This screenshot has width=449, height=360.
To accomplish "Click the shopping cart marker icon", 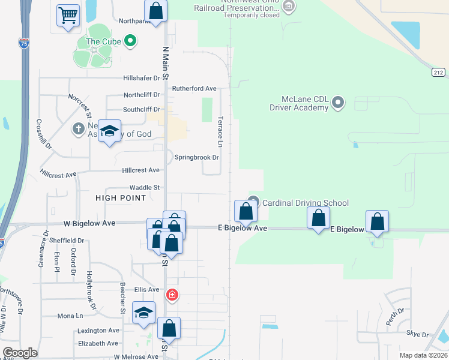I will [x=68, y=15].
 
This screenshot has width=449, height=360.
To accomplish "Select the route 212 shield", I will [x=438, y=72].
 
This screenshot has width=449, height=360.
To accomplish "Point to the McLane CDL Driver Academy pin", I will [x=338, y=103].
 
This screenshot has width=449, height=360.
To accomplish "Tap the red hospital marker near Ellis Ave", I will [x=172, y=295].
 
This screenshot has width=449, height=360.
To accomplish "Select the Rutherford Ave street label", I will [x=194, y=88].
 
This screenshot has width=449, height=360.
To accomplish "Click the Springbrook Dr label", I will [x=197, y=157].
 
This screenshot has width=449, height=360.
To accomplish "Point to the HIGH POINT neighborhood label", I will [x=121, y=197].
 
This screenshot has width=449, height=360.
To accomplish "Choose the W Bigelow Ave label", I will [x=89, y=223].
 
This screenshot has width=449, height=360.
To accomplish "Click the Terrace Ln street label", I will [x=220, y=133].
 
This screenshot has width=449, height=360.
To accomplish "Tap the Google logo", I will [x=20, y=353].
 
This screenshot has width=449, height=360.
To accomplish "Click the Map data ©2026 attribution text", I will [x=423, y=355].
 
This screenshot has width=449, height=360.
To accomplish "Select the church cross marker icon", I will [x=78, y=128].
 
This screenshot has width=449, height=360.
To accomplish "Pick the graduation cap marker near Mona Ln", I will [x=144, y=313].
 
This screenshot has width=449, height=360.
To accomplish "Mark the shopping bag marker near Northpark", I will [x=156, y=11].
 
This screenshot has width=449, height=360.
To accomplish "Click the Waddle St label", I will [x=145, y=187].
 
